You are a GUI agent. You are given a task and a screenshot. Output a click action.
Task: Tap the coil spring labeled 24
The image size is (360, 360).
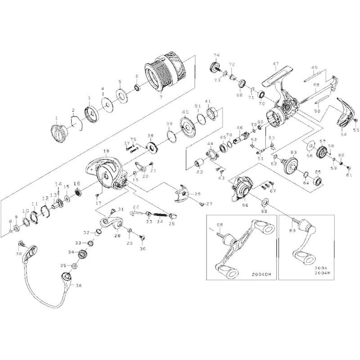(x=157, y=216)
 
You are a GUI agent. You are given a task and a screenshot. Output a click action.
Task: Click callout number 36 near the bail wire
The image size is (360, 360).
(x=79, y=285)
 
